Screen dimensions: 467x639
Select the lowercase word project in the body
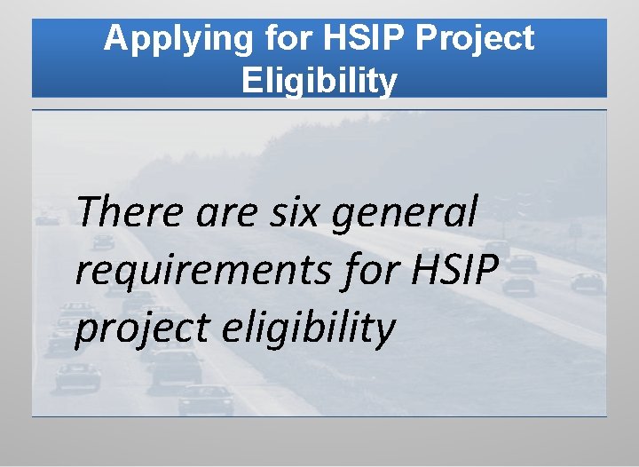133,328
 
